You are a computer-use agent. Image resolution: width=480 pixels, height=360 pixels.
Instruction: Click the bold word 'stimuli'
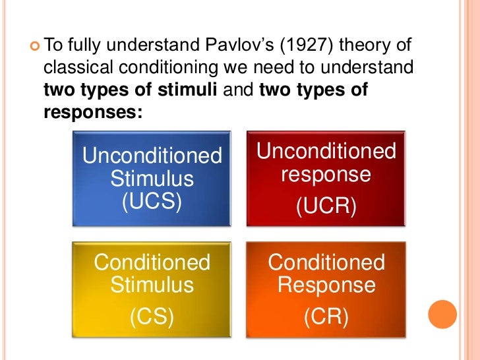(x=186, y=90)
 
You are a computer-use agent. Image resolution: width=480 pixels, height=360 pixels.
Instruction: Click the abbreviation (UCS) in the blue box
(x=152, y=200)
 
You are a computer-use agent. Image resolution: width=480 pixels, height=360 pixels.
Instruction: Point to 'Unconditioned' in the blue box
(x=152, y=157)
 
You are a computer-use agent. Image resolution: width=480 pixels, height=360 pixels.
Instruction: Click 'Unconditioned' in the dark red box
(x=326, y=152)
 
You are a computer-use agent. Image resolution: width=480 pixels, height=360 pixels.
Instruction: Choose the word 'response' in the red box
(x=326, y=175)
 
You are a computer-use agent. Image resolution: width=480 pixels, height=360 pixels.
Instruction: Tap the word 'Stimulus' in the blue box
(x=152, y=179)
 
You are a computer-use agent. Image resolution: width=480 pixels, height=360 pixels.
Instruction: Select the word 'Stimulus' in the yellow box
(x=152, y=285)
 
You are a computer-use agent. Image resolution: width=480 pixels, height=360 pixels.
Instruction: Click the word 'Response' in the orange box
(x=326, y=285)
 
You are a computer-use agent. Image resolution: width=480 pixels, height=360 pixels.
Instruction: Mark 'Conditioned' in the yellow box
(x=152, y=263)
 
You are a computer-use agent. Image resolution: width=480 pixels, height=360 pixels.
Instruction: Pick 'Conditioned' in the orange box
(x=326, y=263)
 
